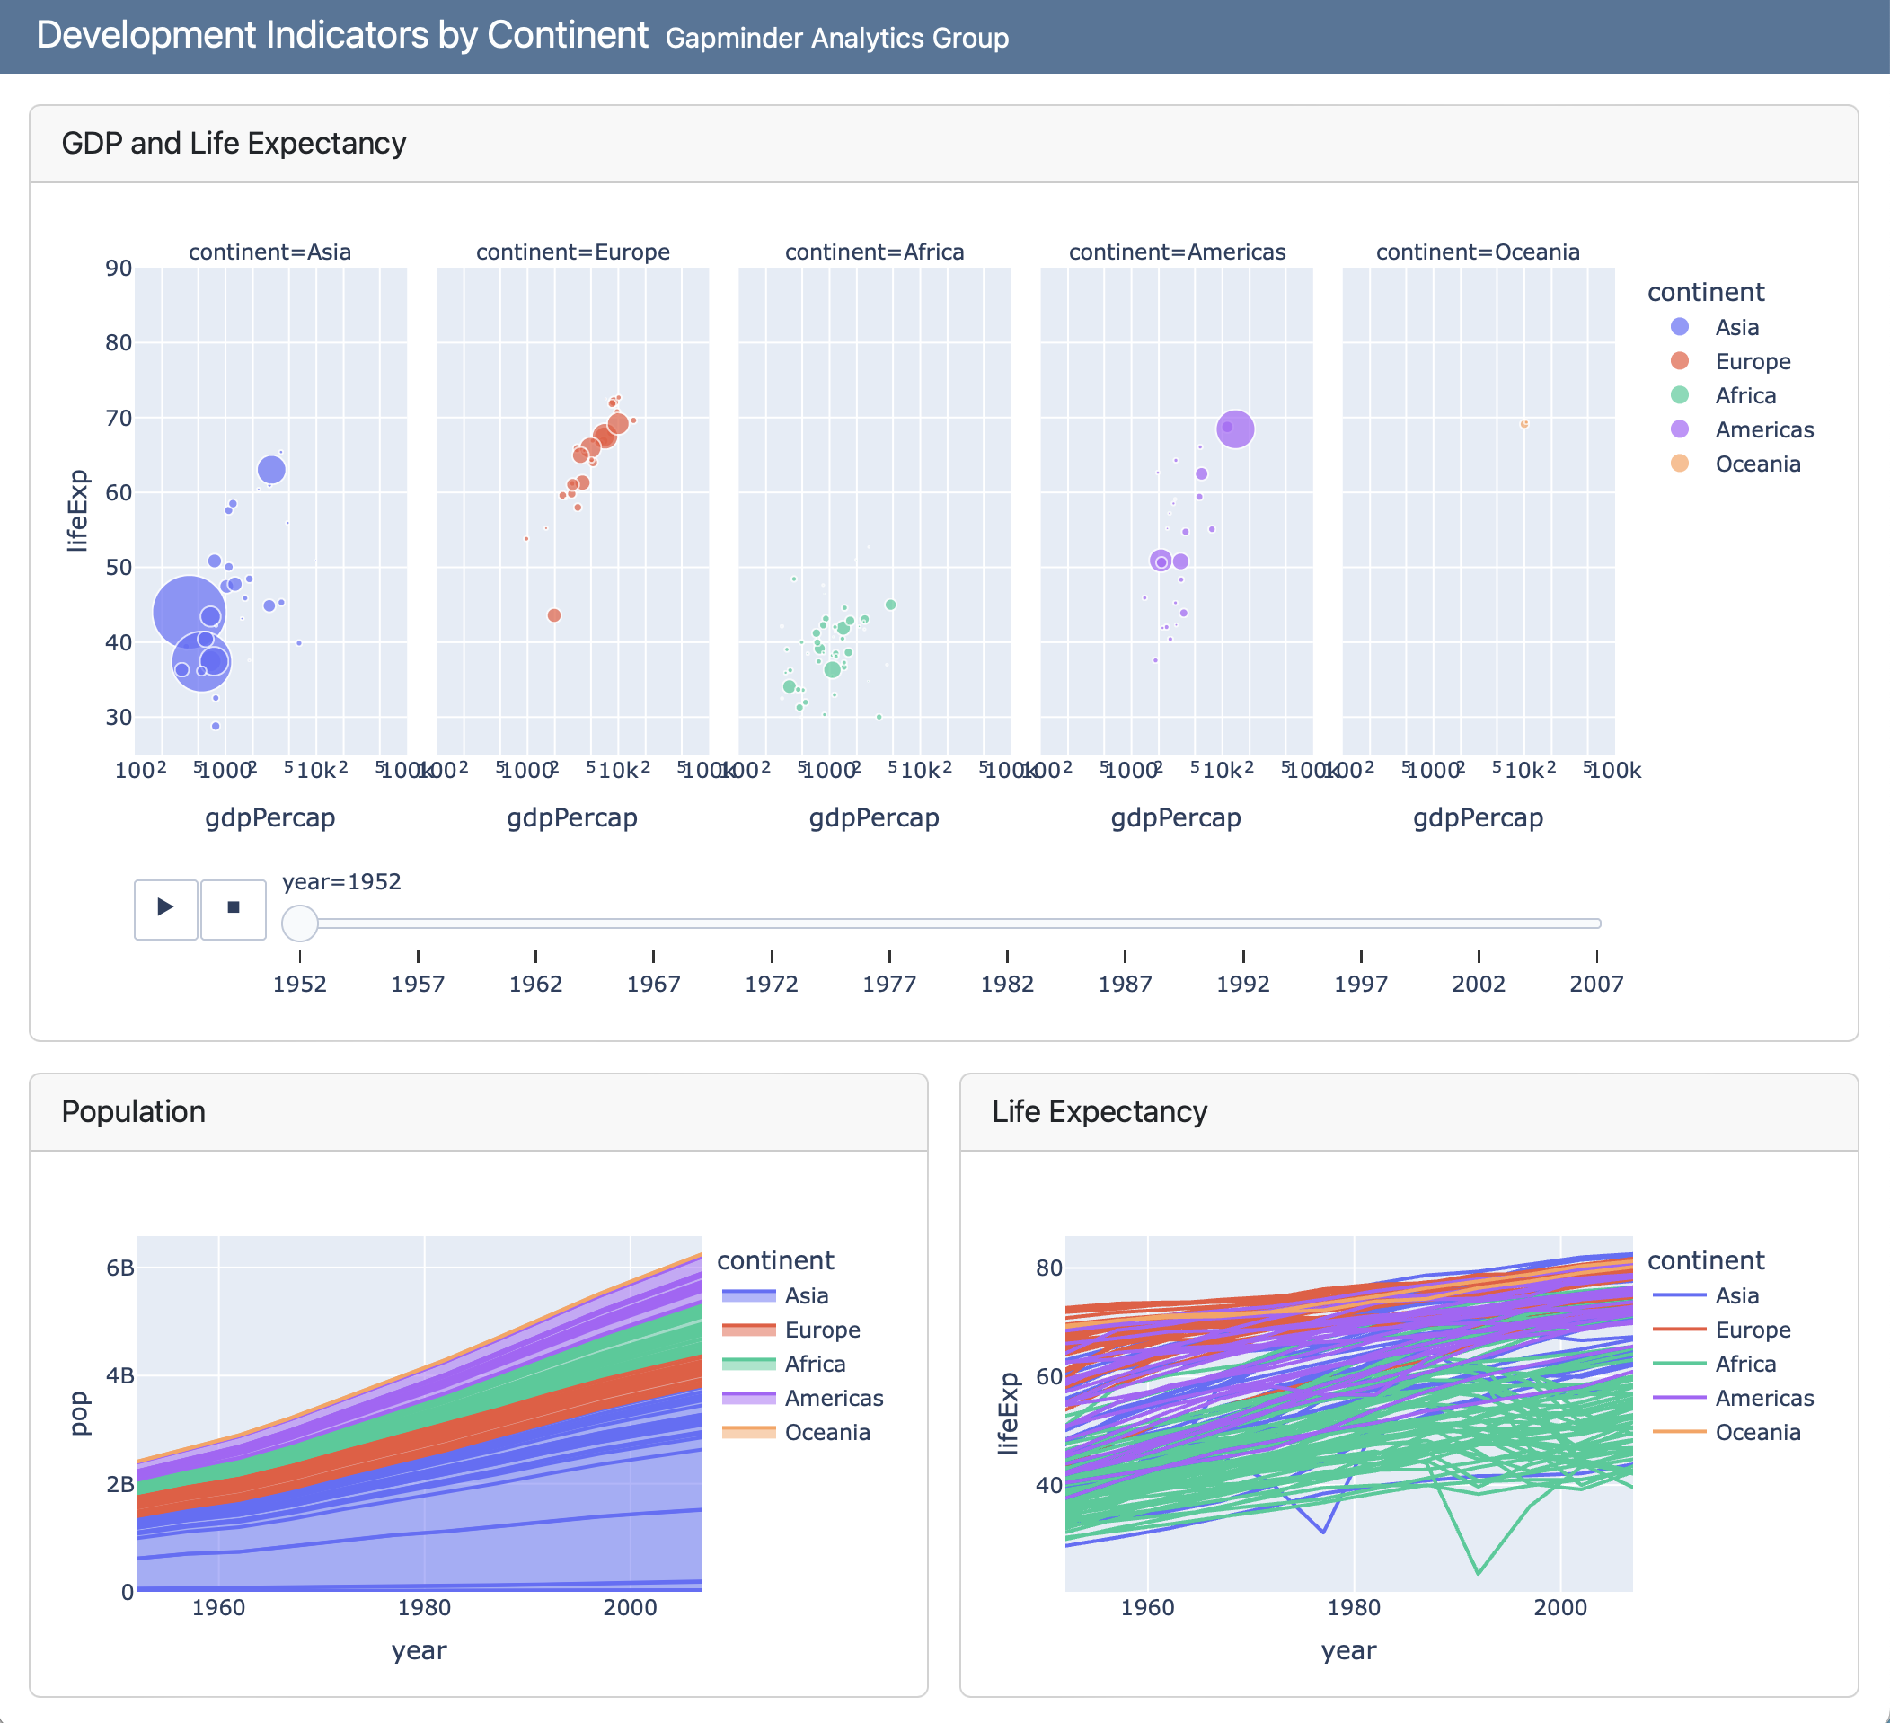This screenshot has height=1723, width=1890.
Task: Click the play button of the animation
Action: [x=166, y=907]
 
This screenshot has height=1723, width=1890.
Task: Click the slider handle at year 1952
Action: [x=300, y=923]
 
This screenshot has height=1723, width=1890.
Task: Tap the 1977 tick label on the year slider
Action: [x=888, y=984]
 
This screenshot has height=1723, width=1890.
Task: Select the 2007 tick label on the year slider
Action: [x=1595, y=984]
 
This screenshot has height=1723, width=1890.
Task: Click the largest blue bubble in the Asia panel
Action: [x=189, y=612]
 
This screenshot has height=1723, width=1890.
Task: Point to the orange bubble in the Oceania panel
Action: [x=1524, y=424]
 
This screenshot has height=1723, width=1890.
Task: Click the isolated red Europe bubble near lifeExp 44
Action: [x=554, y=615]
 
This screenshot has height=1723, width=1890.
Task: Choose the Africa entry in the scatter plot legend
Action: [x=1744, y=395]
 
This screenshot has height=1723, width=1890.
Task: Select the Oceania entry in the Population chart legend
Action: [x=826, y=1433]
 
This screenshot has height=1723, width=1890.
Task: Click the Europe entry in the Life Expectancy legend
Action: [x=1753, y=1330]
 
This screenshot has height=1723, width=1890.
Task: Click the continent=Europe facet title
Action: [x=573, y=252]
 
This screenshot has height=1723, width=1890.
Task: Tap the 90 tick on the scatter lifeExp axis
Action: [x=119, y=268]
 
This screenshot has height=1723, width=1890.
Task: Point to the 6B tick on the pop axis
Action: [x=120, y=1268]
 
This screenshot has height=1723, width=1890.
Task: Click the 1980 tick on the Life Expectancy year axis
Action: [x=1354, y=1607]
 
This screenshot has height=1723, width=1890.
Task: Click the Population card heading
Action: [x=133, y=1111]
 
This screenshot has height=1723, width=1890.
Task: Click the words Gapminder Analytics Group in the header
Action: [x=836, y=39]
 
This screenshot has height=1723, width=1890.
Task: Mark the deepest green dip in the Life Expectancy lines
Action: [x=1479, y=1572]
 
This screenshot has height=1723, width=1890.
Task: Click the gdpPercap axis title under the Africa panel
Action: [x=874, y=817]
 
